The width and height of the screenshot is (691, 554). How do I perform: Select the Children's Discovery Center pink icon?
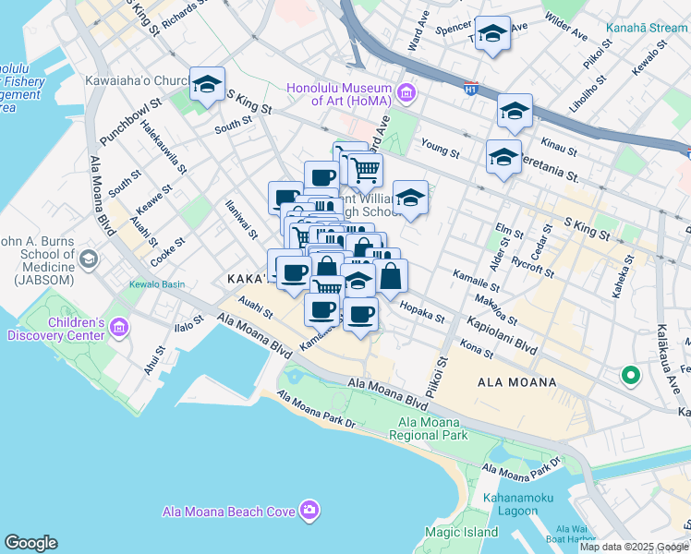[118, 327]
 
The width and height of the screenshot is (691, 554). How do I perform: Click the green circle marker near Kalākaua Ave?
[631, 375]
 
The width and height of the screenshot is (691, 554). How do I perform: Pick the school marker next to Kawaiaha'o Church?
[207, 85]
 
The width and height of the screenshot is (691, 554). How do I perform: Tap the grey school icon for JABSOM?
[88, 259]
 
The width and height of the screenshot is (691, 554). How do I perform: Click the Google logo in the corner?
[30, 543]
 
